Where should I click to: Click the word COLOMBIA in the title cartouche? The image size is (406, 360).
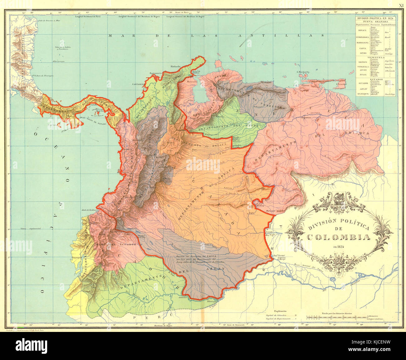point(339,237)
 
